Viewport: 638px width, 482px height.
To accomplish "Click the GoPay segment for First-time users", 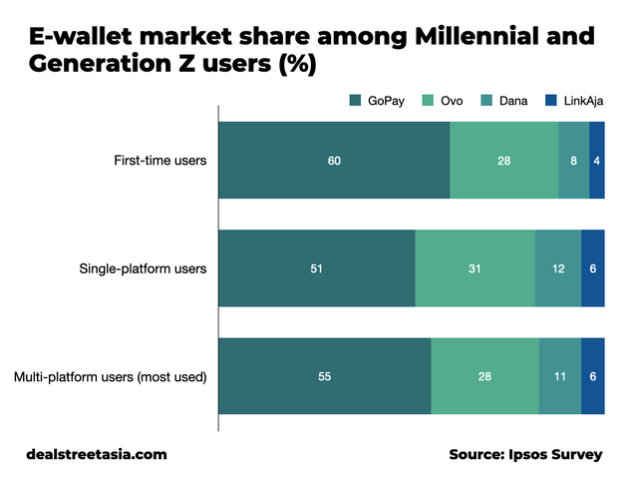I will (x=334, y=160).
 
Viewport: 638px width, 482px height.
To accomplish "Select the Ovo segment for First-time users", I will (x=503, y=160).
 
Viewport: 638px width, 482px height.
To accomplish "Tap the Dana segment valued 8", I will (x=573, y=160).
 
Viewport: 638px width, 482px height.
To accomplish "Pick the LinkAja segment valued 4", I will (x=597, y=160).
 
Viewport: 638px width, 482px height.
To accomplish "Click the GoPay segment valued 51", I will (x=316, y=268).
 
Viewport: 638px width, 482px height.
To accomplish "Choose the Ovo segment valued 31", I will (x=475, y=268).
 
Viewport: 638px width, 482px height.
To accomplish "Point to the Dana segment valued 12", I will (x=558, y=268).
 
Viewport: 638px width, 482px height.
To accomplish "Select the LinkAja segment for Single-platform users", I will (x=593, y=268).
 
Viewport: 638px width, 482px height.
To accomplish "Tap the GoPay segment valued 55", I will (x=324, y=376).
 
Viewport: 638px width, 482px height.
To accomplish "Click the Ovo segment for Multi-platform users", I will (x=484, y=376).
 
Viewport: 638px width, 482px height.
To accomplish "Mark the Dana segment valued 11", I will (x=560, y=376).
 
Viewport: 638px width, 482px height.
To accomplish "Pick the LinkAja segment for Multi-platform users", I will (x=593, y=376).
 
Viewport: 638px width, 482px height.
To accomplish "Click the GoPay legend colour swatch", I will (x=356, y=100).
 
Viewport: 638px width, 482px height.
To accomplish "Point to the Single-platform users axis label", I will (x=143, y=268).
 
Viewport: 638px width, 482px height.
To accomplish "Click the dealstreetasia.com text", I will (x=97, y=454).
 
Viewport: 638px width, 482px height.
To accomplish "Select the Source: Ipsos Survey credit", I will (x=525, y=454).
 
